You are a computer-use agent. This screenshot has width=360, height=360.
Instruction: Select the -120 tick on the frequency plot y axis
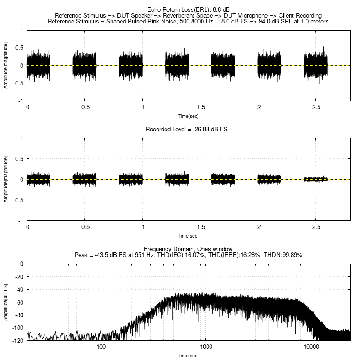18,341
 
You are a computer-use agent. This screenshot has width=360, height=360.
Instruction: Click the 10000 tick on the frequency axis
311,347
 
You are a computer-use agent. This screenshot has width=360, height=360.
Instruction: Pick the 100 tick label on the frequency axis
101,347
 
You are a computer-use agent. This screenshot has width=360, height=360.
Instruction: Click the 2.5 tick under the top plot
316,108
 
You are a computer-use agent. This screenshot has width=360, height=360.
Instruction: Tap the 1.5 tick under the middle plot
201,227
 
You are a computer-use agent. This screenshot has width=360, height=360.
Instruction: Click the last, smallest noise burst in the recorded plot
315,179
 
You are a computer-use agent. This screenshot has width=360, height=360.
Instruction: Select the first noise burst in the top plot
38,65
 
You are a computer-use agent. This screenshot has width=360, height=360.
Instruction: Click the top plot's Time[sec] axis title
188,116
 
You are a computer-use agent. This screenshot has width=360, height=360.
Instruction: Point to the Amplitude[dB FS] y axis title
6,302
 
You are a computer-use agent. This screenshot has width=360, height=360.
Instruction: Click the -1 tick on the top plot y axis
21,101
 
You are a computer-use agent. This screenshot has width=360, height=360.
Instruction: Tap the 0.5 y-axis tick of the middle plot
19,159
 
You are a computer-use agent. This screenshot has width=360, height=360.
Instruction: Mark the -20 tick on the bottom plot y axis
19,277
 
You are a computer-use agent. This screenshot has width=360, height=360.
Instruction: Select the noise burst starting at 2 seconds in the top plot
269,65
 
